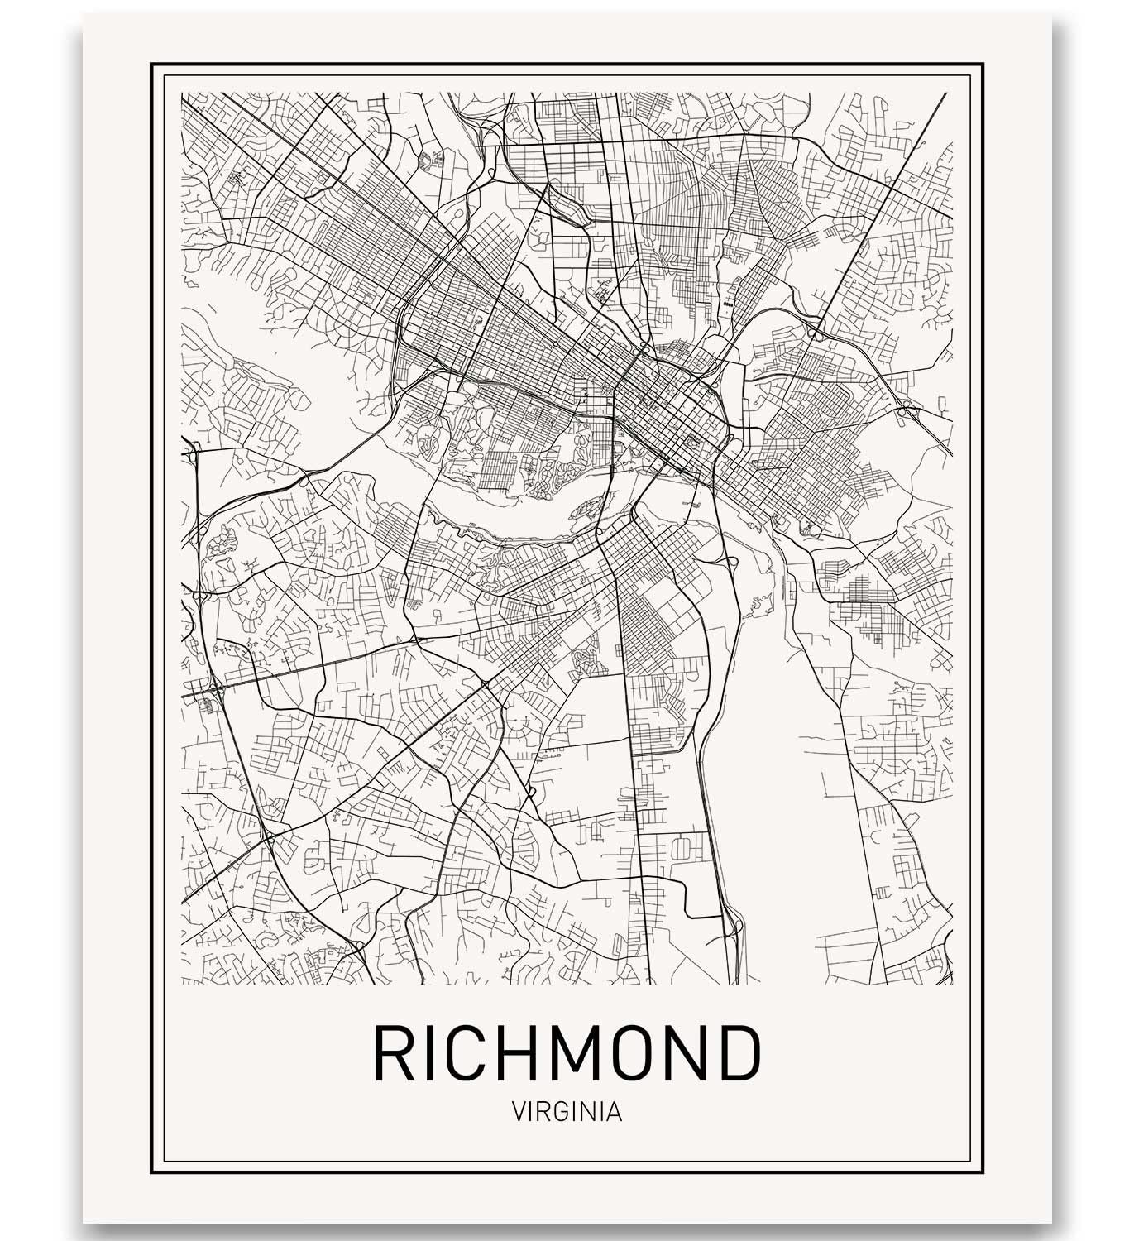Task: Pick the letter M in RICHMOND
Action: (x=578, y=1052)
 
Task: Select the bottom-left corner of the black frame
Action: (x=152, y=1173)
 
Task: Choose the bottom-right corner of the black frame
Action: (x=983, y=1173)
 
